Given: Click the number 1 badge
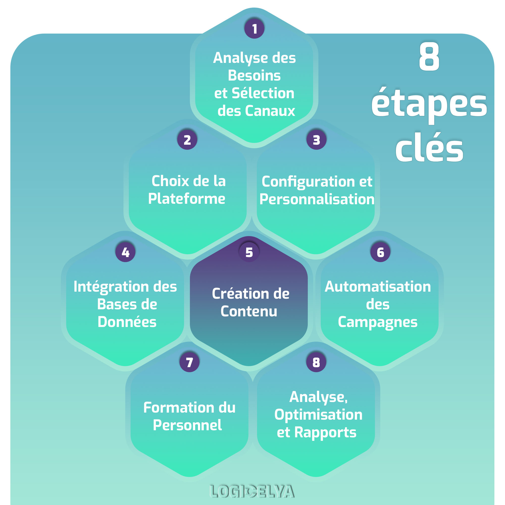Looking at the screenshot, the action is (x=254, y=29).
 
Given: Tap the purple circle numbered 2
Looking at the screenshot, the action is (x=187, y=140).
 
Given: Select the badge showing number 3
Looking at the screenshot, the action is (x=316, y=140).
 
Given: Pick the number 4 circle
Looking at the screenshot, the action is (x=125, y=252).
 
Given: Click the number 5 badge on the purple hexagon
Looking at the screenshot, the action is (x=249, y=252).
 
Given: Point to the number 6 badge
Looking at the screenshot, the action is (x=380, y=252).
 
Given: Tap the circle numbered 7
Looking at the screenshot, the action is (x=190, y=362).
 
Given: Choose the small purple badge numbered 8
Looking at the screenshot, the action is (x=316, y=362).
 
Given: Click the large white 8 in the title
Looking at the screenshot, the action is (x=429, y=56).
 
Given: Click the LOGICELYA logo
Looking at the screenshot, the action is (x=252, y=491).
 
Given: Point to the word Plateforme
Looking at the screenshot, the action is (x=187, y=199).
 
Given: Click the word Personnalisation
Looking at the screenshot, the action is (x=317, y=199).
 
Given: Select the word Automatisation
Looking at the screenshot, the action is (x=378, y=287).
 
